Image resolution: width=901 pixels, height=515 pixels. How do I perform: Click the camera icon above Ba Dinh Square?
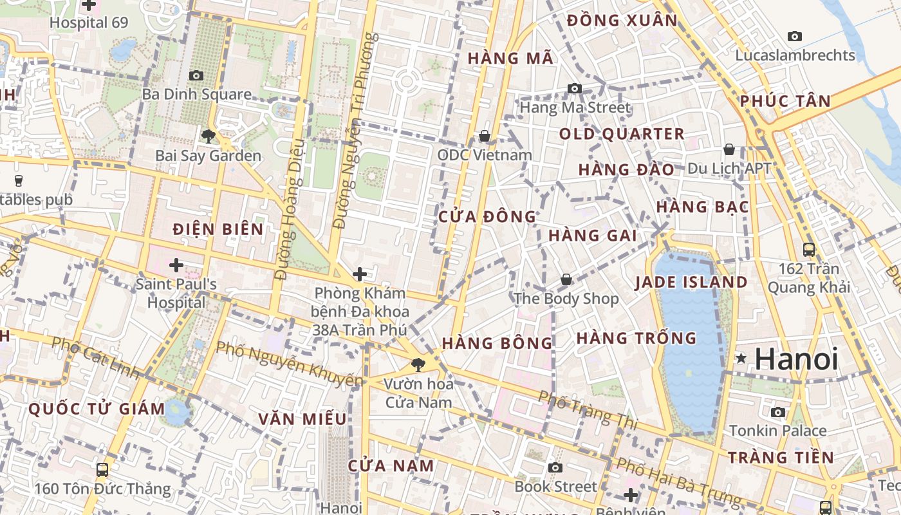(x=196, y=76)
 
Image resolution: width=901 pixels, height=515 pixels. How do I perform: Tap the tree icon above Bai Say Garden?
(x=208, y=136)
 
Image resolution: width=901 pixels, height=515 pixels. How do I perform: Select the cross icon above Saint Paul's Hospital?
(x=176, y=265)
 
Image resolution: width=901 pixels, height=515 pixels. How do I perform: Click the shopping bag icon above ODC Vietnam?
(x=485, y=136)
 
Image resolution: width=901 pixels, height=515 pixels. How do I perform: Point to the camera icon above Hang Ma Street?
(x=574, y=89)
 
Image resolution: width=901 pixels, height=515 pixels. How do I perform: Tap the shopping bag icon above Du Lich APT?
(x=729, y=149)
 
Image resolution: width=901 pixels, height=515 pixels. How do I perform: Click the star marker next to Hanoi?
(x=741, y=358)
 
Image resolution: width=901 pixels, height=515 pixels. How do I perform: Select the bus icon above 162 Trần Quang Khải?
(x=809, y=250)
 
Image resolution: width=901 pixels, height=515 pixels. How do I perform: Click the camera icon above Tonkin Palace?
(x=778, y=412)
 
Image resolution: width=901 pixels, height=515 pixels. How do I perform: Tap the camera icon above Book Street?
(x=555, y=467)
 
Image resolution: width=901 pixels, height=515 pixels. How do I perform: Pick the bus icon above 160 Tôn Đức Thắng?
(x=102, y=470)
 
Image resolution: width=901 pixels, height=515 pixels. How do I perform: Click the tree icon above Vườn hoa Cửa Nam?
(x=418, y=365)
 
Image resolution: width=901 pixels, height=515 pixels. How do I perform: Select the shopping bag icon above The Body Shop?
(x=566, y=279)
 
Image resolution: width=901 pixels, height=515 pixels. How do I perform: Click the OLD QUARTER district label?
(x=621, y=134)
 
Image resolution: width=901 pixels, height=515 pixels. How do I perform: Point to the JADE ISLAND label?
(x=691, y=282)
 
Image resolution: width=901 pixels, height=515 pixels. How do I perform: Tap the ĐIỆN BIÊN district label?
(x=218, y=229)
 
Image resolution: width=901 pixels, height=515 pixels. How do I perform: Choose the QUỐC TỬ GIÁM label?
(x=97, y=408)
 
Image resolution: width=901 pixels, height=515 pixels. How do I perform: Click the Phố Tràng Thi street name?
(x=588, y=410)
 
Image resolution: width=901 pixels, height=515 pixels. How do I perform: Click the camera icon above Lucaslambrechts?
(x=795, y=37)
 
